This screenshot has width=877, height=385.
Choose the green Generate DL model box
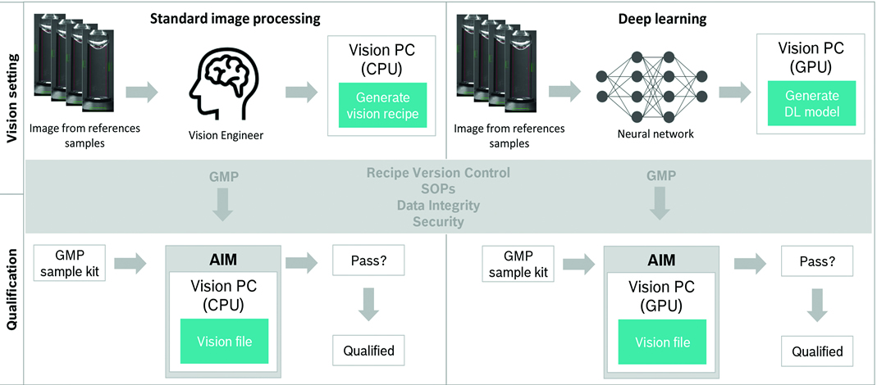(806, 105)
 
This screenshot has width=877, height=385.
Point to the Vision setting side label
(12, 95)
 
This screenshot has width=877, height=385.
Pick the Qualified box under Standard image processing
(369, 351)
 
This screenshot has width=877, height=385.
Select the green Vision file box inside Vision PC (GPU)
(663, 342)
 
